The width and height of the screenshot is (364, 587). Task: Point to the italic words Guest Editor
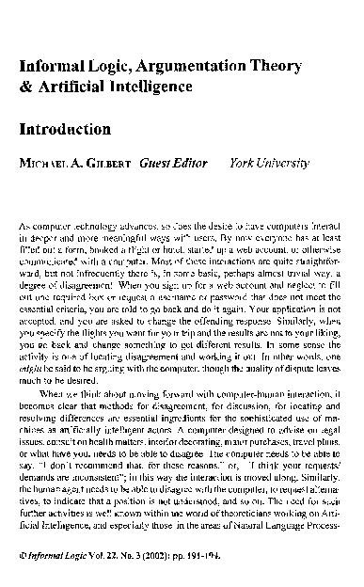[170, 163]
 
